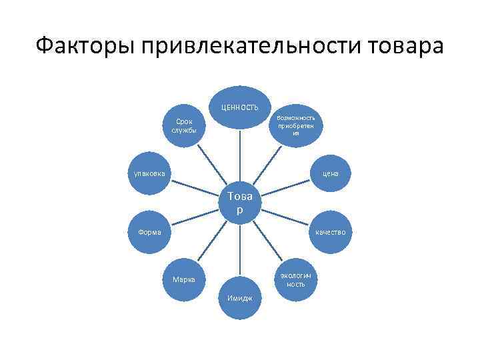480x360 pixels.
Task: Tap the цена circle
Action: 331,173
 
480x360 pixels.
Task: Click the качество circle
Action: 331,232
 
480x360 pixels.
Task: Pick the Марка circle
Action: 184,279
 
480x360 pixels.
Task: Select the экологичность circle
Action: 296,279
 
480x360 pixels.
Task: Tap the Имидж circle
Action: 240,297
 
